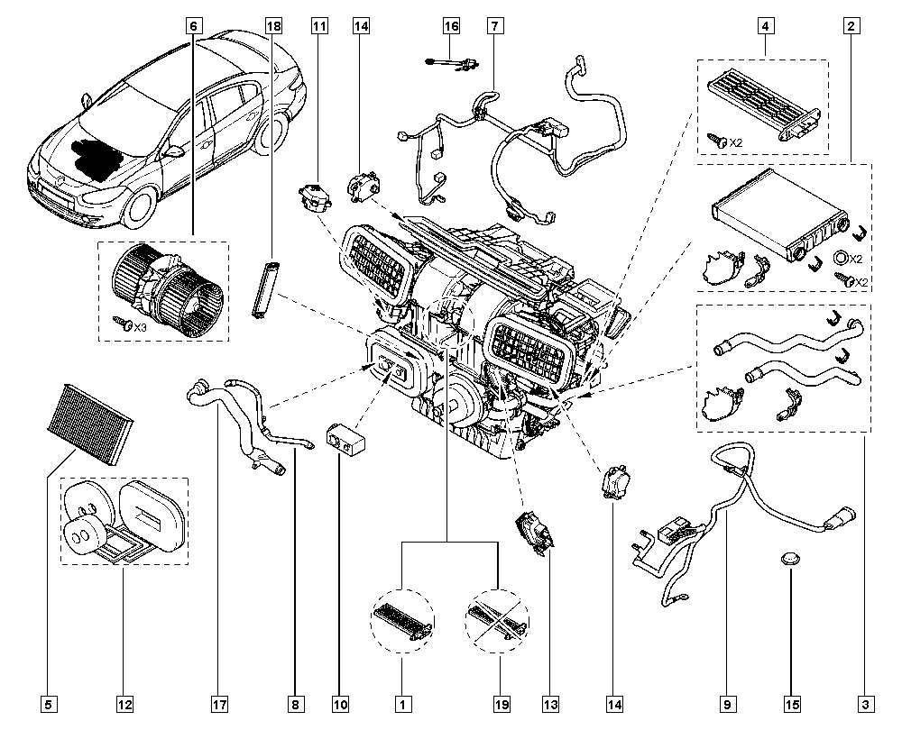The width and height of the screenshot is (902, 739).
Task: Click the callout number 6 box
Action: (x=193, y=26)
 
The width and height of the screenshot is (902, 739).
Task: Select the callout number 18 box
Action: (x=274, y=26)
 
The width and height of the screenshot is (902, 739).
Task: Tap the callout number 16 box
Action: (x=452, y=26)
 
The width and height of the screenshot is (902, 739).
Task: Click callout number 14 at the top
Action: (x=361, y=26)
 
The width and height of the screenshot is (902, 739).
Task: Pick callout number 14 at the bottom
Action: (x=614, y=704)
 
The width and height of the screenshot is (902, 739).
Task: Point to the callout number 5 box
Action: (x=49, y=704)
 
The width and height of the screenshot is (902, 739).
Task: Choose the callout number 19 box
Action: (x=502, y=704)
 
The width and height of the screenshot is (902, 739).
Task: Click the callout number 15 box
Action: (x=792, y=704)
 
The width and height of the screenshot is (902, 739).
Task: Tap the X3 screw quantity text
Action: (x=141, y=327)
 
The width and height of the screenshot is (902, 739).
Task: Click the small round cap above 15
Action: (x=790, y=558)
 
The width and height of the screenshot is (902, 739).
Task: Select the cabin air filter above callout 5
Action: (x=90, y=423)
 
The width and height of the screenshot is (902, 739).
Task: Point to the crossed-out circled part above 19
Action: (x=498, y=621)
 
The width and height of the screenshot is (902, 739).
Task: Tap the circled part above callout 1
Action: (x=402, y=621)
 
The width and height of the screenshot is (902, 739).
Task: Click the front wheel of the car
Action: (x=140, y=208)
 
